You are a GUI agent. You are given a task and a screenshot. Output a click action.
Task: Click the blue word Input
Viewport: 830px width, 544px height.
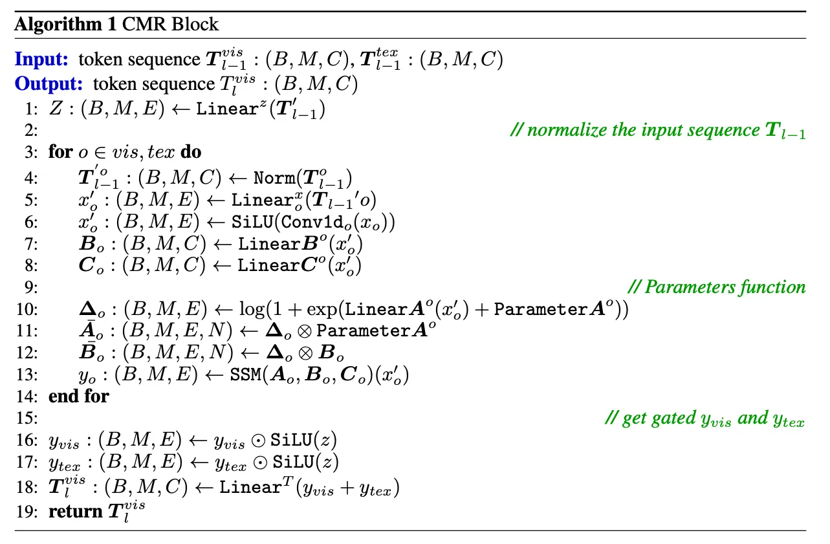pyautogui.click(x=41, y=60)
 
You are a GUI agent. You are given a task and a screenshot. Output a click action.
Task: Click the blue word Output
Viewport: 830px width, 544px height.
pyautogui.click(x=49, y=83)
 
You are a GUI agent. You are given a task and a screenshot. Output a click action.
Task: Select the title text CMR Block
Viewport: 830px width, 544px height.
pyautogui.click(x=170, y=25)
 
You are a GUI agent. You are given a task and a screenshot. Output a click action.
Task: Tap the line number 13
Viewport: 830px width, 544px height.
pyautogui.click(x=27, y=375)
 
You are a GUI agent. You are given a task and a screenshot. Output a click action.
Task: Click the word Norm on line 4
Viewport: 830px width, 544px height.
pyautogui.click(x=274, y=179)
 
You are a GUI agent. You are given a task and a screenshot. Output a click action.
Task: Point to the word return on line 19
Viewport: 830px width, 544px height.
pyautogui.click(x=76, y=512)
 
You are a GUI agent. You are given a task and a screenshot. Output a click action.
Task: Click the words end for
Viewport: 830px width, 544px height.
pyautogui.click(x=78, y=396)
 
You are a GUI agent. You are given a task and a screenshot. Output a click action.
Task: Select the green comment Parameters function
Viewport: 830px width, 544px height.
pyautogui.click(x=717, y=287)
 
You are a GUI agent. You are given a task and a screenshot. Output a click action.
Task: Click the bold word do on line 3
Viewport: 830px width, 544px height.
pyautogui.click(x=191, y=152)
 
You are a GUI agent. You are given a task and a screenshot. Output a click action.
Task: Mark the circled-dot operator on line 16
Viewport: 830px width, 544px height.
pyautogui.click(x=258, y=441)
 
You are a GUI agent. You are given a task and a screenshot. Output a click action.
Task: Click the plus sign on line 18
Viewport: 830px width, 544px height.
pyautogui.click(x=347, y=488)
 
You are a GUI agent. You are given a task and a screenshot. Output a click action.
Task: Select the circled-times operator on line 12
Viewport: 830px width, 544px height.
pyautogui.click(x=305, y=353)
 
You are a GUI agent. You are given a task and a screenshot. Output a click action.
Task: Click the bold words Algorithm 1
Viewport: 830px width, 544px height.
pyautogui.click(x=65, y=25)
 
